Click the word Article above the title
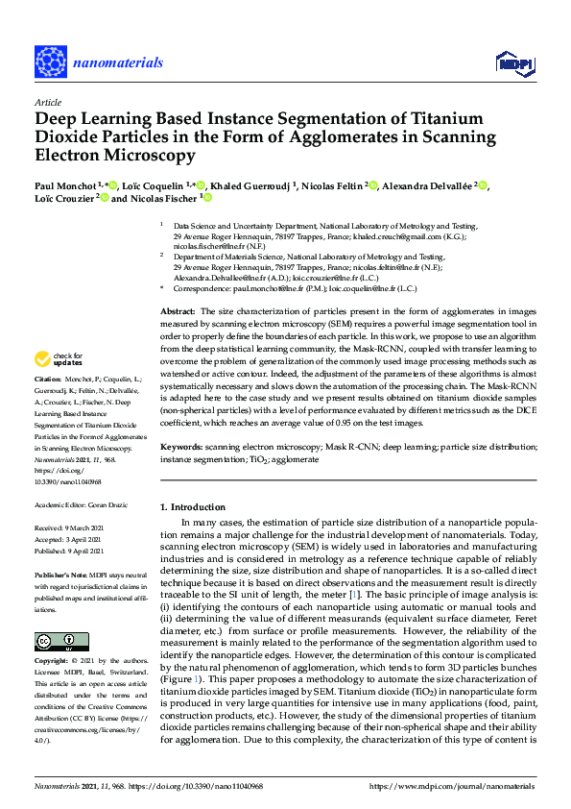48,101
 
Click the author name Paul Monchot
68,185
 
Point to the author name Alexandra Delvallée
428,185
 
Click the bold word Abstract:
178,284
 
